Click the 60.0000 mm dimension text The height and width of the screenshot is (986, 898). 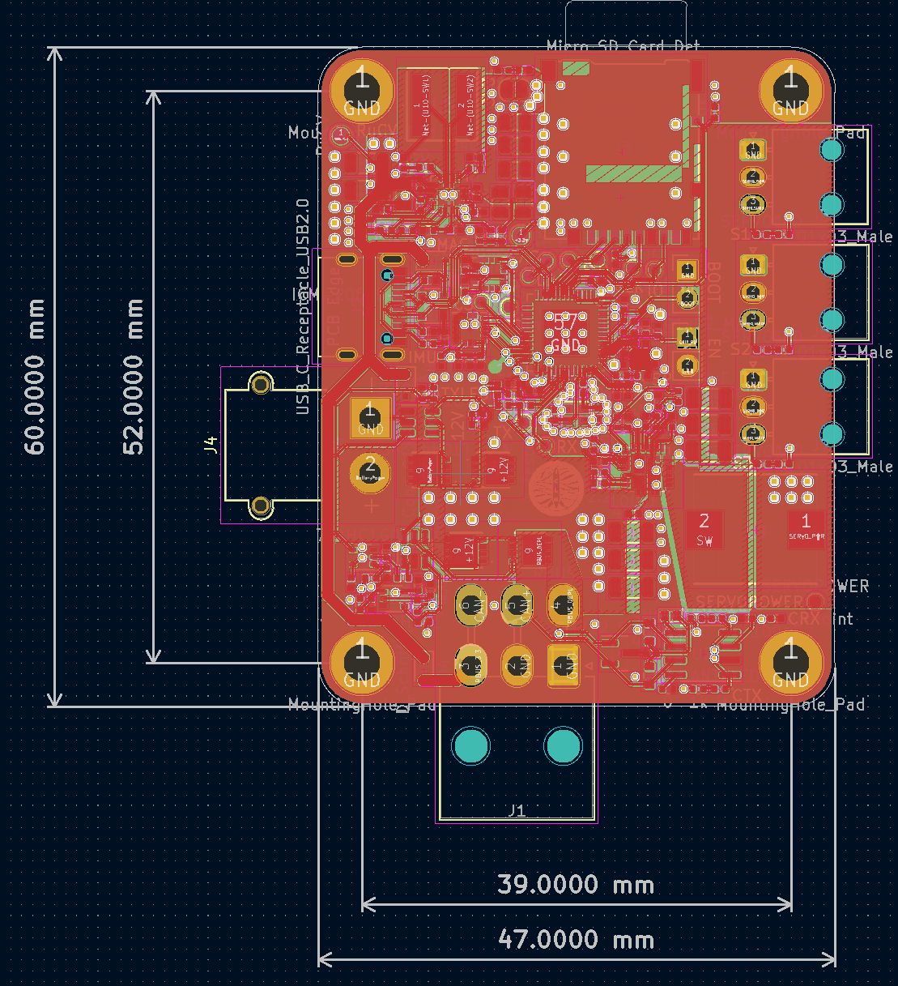35,376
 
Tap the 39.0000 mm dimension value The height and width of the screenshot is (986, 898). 576,884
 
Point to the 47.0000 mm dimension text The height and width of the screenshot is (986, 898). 576,940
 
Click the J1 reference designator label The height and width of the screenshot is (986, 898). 517,810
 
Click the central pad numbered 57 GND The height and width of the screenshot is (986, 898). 564,331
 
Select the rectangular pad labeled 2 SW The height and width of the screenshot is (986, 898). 704,528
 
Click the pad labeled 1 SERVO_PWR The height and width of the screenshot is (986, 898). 805,527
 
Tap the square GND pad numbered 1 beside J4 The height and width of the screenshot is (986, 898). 370,416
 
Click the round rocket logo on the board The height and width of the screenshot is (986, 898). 555,489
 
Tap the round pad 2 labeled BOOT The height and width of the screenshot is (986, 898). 687,297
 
